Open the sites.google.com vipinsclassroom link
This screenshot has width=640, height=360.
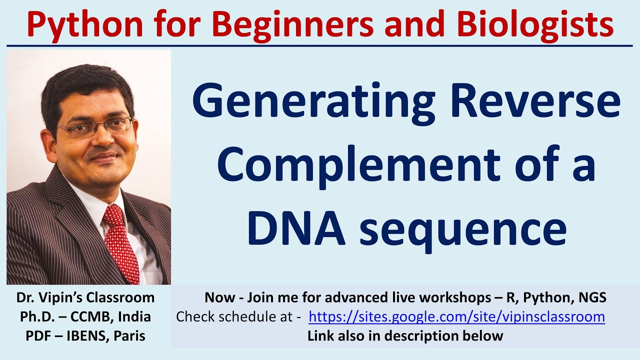(x=456, y=317)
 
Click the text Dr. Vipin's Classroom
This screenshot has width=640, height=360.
(x=85, y=298)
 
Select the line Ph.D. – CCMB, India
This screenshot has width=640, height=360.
(x=85, y=317)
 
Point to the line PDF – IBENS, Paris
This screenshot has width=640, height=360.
(x=85, y=336)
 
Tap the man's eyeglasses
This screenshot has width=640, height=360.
(x=95, y=126)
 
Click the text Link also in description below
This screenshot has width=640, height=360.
(x=405, y=336)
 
